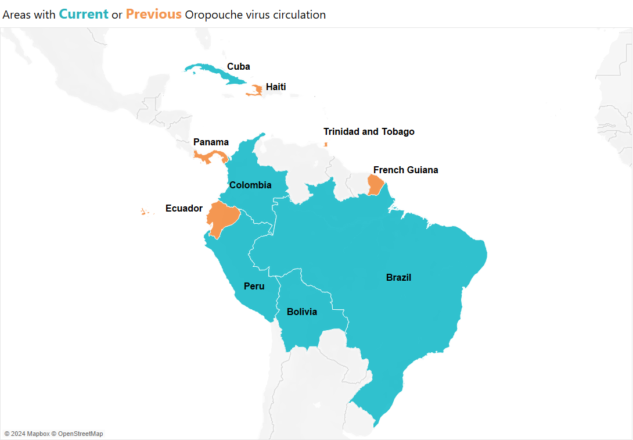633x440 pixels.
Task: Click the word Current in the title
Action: [84, 15]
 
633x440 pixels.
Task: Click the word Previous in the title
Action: [154, 15]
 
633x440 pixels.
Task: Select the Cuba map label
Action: [239, 66]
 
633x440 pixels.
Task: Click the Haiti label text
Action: [276, 87]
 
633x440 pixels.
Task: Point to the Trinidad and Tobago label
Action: [369, 132]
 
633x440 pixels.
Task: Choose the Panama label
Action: [211, 142]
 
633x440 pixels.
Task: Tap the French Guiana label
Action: [405, 170]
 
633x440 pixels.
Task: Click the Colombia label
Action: [250, 185]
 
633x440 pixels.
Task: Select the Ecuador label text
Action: [184, 208]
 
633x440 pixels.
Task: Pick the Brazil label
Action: [398, 278]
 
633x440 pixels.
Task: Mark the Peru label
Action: [254, 286]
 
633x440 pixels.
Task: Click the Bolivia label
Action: [302, 312]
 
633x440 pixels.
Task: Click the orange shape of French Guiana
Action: [376, 185]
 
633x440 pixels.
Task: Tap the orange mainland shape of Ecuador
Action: [222, 217]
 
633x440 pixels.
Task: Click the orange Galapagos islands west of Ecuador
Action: [143, 212]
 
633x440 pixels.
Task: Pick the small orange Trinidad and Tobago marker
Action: [326, 144]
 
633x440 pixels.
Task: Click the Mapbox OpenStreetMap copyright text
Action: [53, 434]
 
